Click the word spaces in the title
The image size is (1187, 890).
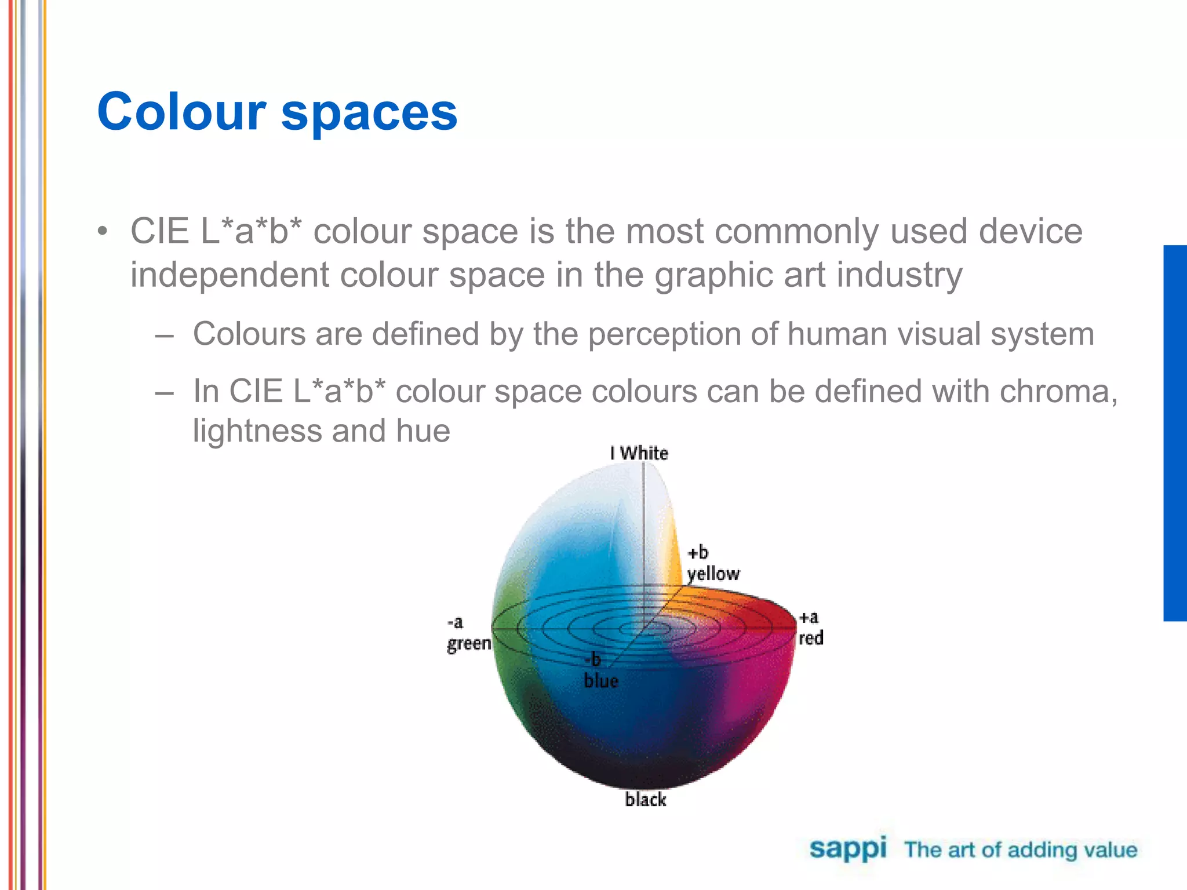pos(369,114)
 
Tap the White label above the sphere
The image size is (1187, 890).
pos(643,453)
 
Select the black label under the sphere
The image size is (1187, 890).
pos(646,800)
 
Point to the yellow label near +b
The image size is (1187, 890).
pos(713,574)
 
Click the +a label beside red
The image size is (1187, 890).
pos(809,618)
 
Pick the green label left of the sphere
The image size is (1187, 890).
pos(469,643)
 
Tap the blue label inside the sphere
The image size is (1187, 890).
pos(601,680)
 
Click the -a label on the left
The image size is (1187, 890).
pos(455,622)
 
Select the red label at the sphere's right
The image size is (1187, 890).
pos(811,638)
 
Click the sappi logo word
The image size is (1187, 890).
pos(847,849)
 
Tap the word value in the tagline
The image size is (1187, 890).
pos(1110,850)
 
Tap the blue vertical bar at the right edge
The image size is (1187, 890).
pos(1175,433)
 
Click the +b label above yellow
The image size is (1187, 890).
pos(698,552)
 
